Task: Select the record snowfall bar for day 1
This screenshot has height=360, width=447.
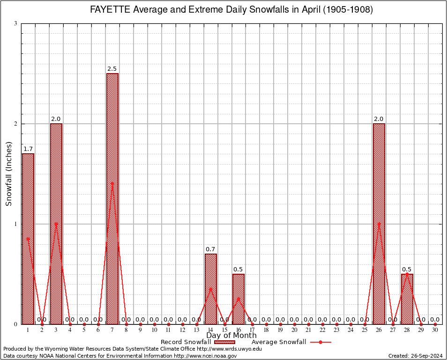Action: pos(28,239)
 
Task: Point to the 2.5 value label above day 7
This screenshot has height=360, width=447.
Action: pos(112,69)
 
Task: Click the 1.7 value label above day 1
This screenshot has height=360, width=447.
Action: pos(28,149)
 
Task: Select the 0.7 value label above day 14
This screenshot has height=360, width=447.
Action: pos(210,249)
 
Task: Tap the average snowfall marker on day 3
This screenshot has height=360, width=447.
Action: pos(56,224)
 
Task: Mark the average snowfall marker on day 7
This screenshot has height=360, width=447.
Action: pos(112,184)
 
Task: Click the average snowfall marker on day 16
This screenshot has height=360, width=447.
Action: pos(238,299)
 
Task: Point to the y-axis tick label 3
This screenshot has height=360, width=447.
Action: pos(15,23)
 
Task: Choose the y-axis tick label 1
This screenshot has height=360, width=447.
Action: pos(15,224)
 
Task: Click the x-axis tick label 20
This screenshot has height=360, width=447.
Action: pos(294,330)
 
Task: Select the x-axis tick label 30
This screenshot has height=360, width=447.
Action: pos(435,330)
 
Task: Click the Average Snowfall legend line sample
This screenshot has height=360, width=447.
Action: pos(320,342)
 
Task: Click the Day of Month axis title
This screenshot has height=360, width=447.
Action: pos(231,336)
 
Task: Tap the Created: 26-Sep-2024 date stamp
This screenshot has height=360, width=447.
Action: pos(415,356)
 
